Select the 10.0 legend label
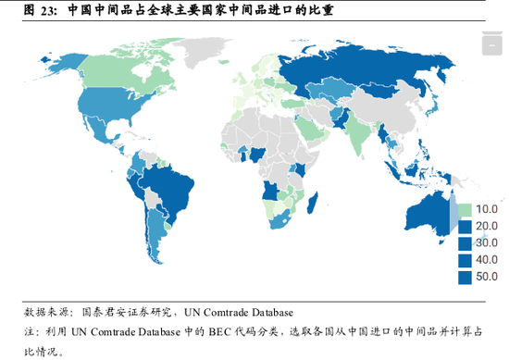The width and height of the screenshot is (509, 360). [486, 210]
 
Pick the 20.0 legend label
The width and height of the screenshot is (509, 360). [486, 227]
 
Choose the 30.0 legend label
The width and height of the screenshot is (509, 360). [486, 243]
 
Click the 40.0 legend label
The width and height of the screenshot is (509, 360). [486, 260]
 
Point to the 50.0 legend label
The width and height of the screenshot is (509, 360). [486, 277]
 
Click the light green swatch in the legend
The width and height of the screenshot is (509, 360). [465, 210]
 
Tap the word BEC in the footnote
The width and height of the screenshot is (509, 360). [206, 330]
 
